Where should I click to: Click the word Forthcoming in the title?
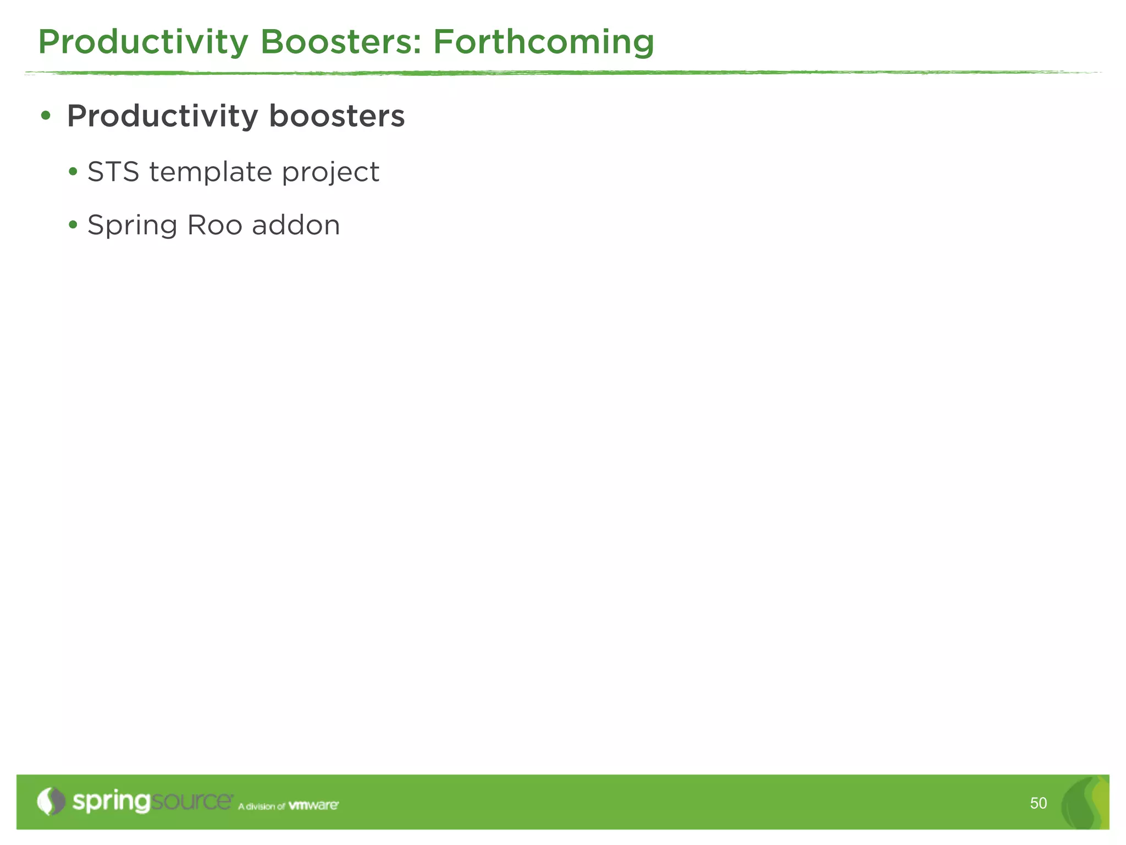coord(543,42)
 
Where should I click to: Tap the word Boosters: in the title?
coord(340,42)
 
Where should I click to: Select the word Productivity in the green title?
coord(143,42)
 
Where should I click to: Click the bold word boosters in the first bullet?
coord(336,116)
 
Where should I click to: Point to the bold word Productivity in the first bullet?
coord(162,117)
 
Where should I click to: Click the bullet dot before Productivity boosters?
coord(46,116)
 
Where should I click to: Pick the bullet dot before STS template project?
coord(73,172)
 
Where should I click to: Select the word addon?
coord(296,225)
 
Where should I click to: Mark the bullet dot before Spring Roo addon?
coord(73,225)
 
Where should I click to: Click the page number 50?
coord(1038,803)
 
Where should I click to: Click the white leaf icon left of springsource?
coord(51,802)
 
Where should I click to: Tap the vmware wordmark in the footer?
coord(313,805)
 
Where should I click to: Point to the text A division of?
coord(261,806)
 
